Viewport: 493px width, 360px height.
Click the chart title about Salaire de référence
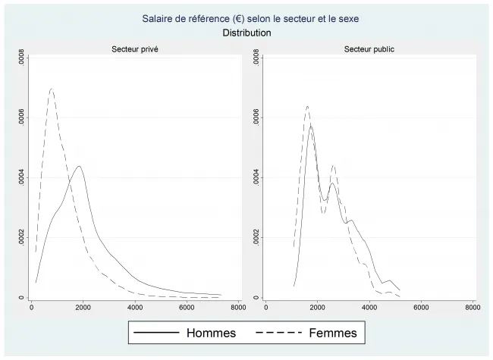coord(246,18)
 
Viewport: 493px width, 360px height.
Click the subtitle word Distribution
coord(246,33)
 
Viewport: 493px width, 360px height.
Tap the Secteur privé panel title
coord(135,49)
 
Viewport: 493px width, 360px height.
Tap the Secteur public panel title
coord(369,49)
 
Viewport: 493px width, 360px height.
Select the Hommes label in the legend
coord(211,333)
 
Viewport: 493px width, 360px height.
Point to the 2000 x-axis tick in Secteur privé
coord(83,308)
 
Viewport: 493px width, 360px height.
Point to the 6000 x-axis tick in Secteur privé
coord(186,308)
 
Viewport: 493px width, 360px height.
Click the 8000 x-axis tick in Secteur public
coord(472,308)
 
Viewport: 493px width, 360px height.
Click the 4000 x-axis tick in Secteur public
coord(369,308)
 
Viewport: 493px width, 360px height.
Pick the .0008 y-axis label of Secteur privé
coord(22,61)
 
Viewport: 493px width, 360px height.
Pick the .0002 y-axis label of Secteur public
coord(256,238)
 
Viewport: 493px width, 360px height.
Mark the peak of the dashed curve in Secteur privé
coord(52,89)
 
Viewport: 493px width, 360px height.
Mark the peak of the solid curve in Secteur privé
coord(78,166)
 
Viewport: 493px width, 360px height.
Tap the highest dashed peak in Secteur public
coord(307,106)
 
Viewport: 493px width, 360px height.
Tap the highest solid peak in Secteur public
coord(311,127)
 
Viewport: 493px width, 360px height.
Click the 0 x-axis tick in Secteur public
coord(266,308)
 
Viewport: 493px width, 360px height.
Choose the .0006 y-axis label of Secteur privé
coord(22,120)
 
